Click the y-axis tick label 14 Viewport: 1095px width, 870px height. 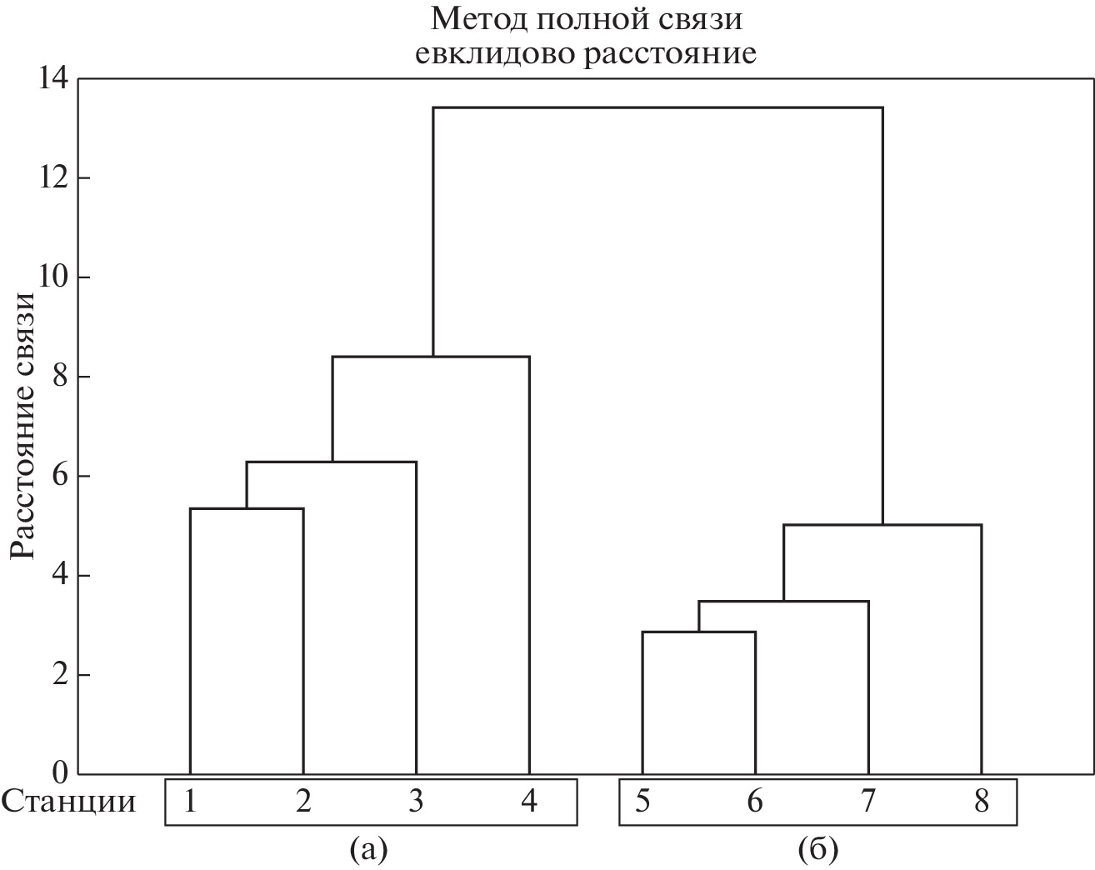point(51,79)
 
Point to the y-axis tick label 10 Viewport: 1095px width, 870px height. point(51,277)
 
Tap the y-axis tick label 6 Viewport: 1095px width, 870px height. point(58,477)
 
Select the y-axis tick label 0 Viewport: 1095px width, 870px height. point(58,773)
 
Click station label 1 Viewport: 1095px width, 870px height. point(191,802)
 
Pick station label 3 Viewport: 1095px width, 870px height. point(416,802)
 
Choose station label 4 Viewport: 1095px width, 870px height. point(529,802)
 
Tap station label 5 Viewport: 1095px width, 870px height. point(642,802)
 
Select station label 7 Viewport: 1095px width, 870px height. point(868,802)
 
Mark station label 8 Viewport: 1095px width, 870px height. point(981,802)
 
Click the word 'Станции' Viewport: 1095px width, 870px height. point(68,802)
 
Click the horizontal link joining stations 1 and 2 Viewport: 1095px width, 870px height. point(247,508)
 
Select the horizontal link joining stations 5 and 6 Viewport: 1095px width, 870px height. point(698,632)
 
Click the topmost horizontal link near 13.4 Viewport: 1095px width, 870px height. point(657,107)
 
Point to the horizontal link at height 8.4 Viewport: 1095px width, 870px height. point(431,357)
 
